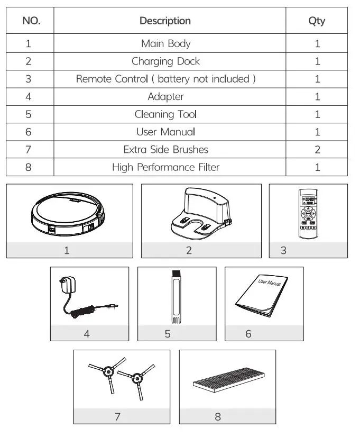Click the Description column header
point(165,21)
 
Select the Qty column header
point(317,21)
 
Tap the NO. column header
point(30,21)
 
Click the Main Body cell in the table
point(165,43)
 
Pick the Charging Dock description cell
point(165,61)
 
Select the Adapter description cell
point(165,97)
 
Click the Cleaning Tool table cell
point(165,114)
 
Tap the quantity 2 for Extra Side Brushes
point(317,150)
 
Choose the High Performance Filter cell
point(165,167)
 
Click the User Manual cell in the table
point(165,132)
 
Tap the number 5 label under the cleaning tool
point(168,334)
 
